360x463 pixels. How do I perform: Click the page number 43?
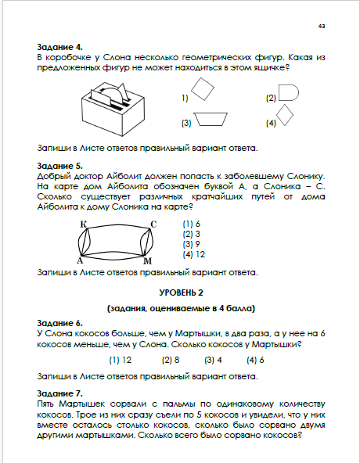point(322,27)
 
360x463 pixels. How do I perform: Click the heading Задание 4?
point(59,47)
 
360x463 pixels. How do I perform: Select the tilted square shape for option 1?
point(203,89)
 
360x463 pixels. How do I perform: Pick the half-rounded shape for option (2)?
point(289,93)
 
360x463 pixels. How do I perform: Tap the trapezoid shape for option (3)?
point(211,119)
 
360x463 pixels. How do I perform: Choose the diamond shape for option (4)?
point(285,115)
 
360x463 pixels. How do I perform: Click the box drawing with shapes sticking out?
point(113,109)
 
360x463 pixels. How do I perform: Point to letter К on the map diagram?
point(84,224)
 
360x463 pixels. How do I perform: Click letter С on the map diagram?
point(153,224)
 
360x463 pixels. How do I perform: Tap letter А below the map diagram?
point(80,260)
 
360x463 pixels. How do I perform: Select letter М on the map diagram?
point(147,260)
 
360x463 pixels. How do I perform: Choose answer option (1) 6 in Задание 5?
point(192,224)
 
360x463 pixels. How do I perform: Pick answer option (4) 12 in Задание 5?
point(194,254)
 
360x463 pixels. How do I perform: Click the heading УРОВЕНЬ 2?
point(182,293)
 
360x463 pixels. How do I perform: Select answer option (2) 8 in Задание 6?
point(171,360)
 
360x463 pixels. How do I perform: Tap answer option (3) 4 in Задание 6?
point(213,360)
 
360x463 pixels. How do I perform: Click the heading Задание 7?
point(59,393)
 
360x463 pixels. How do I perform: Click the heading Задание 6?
point(59,323)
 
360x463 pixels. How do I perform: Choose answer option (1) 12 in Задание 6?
point(121,360)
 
